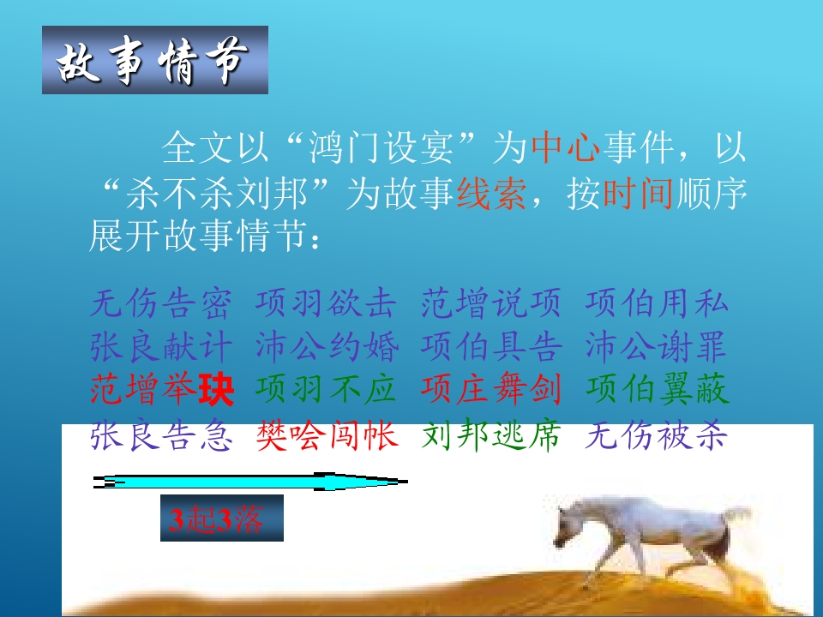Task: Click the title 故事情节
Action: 153,61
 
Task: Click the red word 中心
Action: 566,147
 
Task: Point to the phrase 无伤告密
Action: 160,303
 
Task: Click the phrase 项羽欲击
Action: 326,303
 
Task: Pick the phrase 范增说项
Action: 490,303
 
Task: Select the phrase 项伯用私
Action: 657,303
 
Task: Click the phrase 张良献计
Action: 160,346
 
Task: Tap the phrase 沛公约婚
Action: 327,346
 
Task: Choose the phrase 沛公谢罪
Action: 656,346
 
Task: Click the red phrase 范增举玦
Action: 162,389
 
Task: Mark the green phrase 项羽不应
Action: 326,389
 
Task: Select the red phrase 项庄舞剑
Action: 490,389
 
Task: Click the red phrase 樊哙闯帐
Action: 327,436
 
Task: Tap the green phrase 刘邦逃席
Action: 490,436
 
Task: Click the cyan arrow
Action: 250,482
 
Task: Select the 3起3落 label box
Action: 222,518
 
